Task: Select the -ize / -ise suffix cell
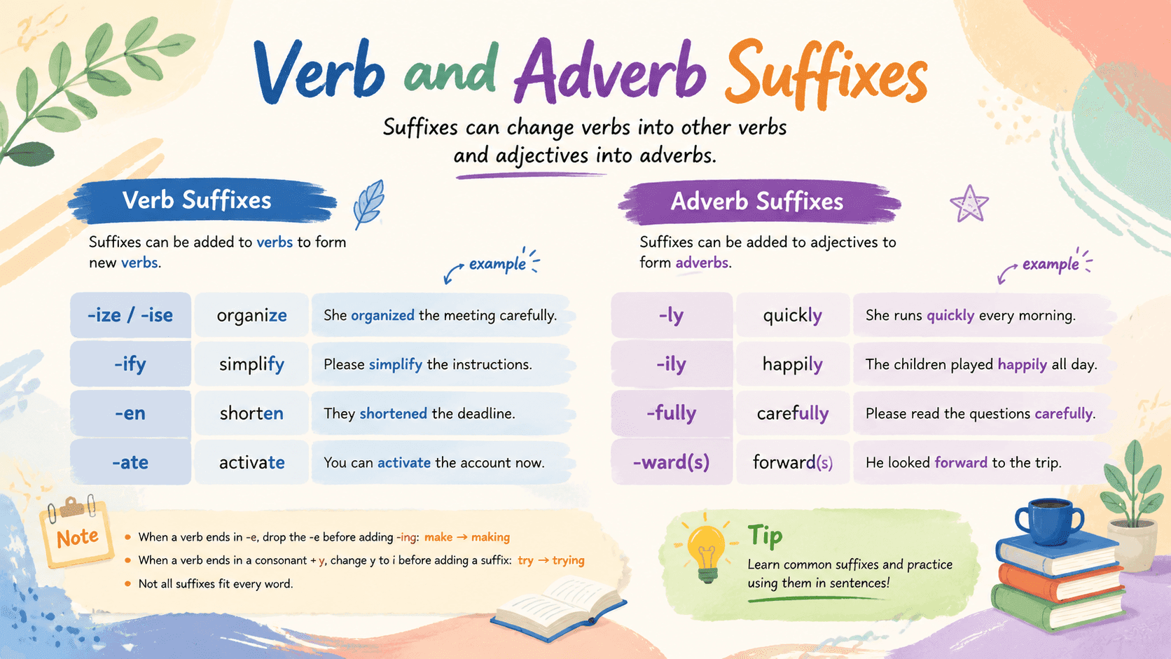pyautogui.click(x=130, y=315)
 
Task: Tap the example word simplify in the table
pyautogui.click(x=251, y=363)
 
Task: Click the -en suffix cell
pyautogui.click(x=130, y=413)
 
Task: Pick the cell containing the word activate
pyautogui.click(x=251, y=462)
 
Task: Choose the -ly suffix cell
pyautogui.click(x=671, y=315)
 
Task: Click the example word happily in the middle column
pyautogui.click(x=793, y=363)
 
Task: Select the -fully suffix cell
pyautogui.click(x=671, y=413)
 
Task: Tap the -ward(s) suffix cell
pyautogui.click(x=671, y=462)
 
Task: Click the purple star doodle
pyautogui.click(x=969, y=204)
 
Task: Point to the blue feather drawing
pyautogui.click(x=369, y=204)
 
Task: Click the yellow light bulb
pyautogui.click(x=706, y=550)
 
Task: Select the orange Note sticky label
pyautogui.click(x=77, y=536)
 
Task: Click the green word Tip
pyautogui.click(x=765, y=536)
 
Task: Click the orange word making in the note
pyautogui.click(x=490, y=537)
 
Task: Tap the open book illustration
pyautogui.click(x=558, y=607)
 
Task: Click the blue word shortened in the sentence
pyautogui.click(x=393, y=413)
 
